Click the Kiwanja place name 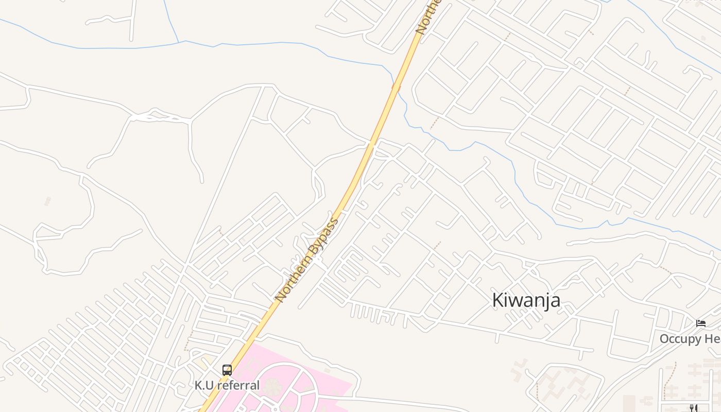(x=526, y=300)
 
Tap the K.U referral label (x=227, y=385)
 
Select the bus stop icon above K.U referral (x=227, y=370)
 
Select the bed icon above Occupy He (x=701, y=323)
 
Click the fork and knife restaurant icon (x=693, y=408)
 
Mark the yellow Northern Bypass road (x=360, y=170)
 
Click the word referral (x=239, y=385)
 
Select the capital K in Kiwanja (x=497, y=300)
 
